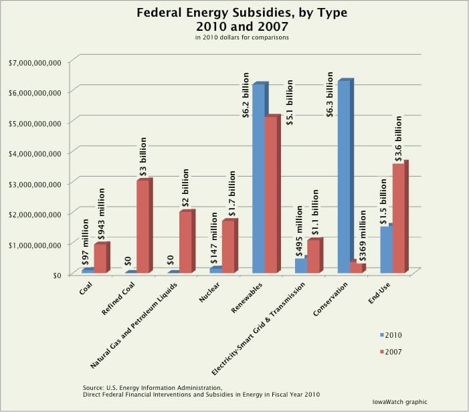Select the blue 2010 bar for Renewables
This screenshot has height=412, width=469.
[260, 177]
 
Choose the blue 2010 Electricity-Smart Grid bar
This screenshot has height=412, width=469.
[301, 264]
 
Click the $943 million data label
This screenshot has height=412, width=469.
[102, 214]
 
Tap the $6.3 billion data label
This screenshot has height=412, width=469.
[329, 94]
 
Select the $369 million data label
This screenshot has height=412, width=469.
[363, 235]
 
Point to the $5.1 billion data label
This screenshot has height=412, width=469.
[289, 102]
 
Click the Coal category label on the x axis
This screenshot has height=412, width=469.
[86, 288]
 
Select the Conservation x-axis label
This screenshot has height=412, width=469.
[331, 299]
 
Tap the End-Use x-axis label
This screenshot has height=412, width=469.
[379, 293]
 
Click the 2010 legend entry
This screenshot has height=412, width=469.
[391, 335]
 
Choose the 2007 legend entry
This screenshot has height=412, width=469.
[391, 352]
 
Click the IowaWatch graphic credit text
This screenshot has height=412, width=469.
[400, 402]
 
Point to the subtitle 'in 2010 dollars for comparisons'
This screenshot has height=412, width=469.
[242, 37]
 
